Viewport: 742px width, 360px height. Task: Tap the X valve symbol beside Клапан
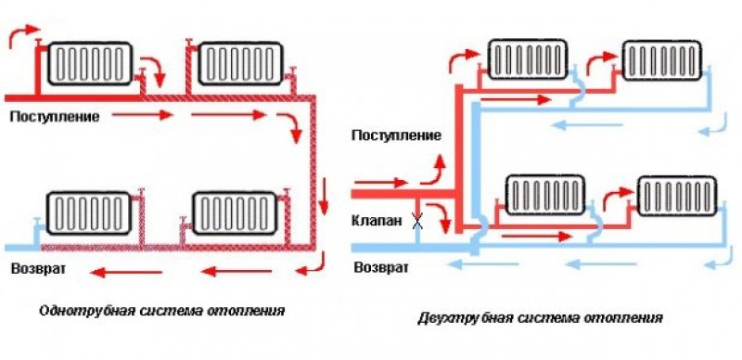tap(417, 223)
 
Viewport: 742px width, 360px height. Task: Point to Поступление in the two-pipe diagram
tap(395, 135)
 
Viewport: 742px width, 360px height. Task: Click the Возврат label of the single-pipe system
tap(34, 270)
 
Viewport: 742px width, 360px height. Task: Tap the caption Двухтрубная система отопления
tap(541, 317)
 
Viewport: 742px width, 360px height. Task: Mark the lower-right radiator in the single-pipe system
tap(233, 212)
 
